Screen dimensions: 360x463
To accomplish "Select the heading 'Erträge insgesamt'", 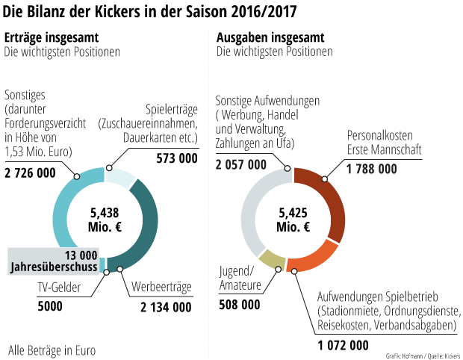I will coord(52,38).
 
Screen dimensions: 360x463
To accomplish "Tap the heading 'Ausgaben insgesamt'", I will coord(269,38).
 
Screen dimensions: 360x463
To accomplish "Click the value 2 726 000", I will coord(31,173).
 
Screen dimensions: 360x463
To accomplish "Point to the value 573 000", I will coord(177,158).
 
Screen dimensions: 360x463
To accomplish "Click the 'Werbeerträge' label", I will coord(162,288).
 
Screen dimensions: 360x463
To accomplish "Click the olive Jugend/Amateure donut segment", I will coord(273,260).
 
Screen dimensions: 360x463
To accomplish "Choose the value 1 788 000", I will coord(372,169).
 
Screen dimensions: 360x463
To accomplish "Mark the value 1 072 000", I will coord(343,345).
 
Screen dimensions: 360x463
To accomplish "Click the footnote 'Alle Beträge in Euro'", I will coord(52,349).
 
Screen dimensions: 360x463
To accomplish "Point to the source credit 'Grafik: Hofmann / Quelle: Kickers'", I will coord(423,355).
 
